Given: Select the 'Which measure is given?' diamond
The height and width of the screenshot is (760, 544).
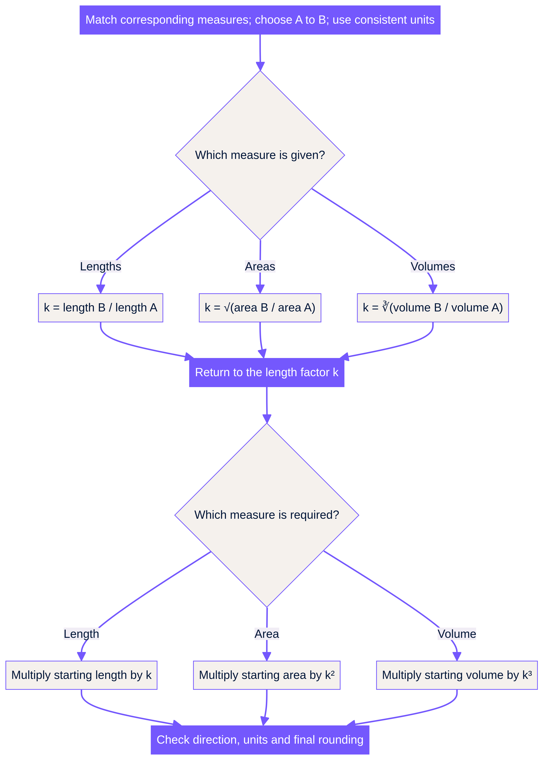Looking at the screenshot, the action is click(260, 155).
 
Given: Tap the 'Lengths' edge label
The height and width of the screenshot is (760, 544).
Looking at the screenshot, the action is click(101, 266).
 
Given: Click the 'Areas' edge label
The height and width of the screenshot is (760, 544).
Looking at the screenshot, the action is click(260, 266).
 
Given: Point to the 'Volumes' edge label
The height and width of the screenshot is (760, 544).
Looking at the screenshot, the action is click(433, 266).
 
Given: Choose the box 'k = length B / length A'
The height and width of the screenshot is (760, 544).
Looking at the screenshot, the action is click(101, 308).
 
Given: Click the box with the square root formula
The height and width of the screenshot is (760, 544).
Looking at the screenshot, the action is click(260, 308).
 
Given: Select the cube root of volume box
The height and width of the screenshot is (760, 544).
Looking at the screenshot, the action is click(433, 308).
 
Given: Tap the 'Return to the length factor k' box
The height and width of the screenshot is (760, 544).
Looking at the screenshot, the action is click(267, 373).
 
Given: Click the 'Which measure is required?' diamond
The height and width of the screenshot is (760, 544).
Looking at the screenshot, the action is click(267, 515).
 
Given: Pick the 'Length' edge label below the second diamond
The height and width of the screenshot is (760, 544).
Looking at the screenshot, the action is click(81, 634).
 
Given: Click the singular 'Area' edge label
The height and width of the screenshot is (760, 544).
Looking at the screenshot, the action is click(267, 634).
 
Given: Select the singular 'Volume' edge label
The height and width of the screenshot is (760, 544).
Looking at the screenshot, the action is click(457, 634).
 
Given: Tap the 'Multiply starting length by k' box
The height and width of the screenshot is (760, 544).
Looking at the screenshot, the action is click(81, 675).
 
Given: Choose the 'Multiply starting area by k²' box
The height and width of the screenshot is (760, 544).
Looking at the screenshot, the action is click(267, 675).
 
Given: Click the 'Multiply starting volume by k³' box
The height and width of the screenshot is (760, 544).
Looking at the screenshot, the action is click(457, 675).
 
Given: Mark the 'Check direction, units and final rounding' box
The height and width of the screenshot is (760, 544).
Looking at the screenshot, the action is click(260, 740).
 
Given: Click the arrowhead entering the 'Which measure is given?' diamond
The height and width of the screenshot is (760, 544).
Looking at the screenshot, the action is click(260, 66).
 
